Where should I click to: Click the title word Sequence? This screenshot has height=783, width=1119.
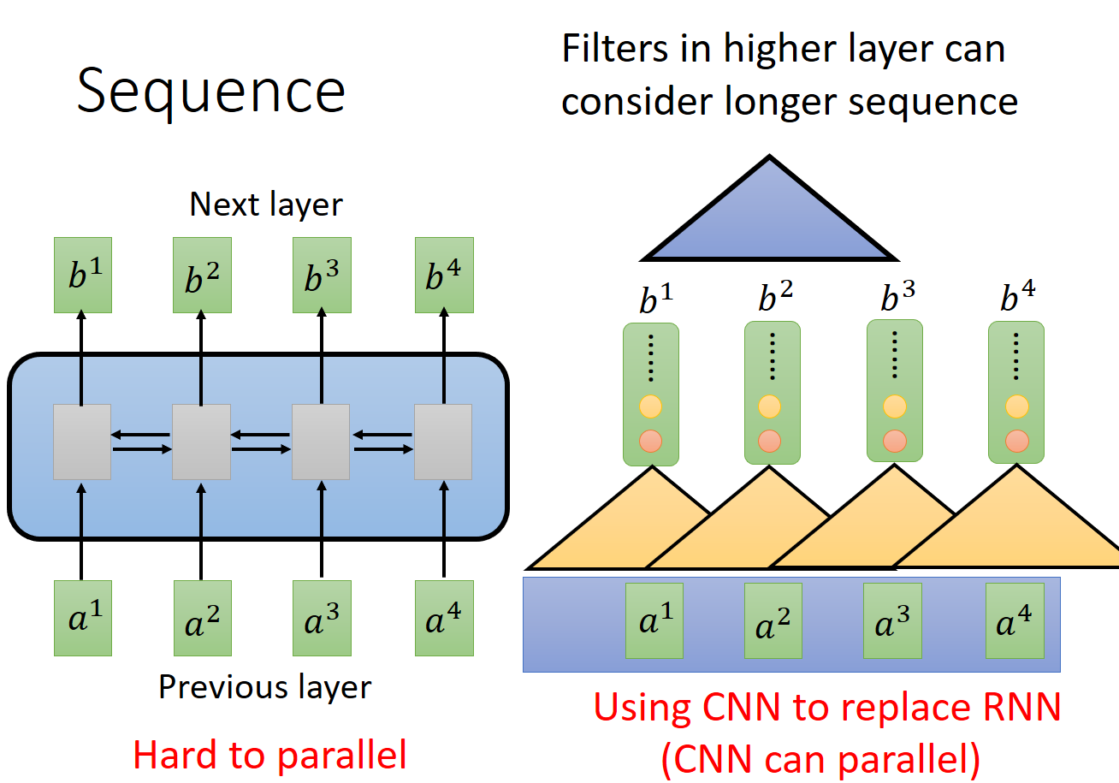210,92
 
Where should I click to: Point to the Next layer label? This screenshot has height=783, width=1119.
265,205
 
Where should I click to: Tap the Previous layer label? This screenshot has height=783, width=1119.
265,687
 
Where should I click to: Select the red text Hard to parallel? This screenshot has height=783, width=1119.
269,755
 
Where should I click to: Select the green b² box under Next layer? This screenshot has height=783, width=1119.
202,275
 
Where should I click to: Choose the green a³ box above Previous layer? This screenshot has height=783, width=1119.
322,618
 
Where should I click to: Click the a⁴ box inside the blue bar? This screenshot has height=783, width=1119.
1015,621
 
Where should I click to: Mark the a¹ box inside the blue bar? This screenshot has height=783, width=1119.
654,621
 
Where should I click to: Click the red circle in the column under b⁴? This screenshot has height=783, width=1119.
1016,442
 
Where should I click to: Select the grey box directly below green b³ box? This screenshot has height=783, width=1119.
321,442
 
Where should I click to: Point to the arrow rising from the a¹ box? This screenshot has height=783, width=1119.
82,531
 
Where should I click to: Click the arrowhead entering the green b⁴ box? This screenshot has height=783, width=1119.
443,318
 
